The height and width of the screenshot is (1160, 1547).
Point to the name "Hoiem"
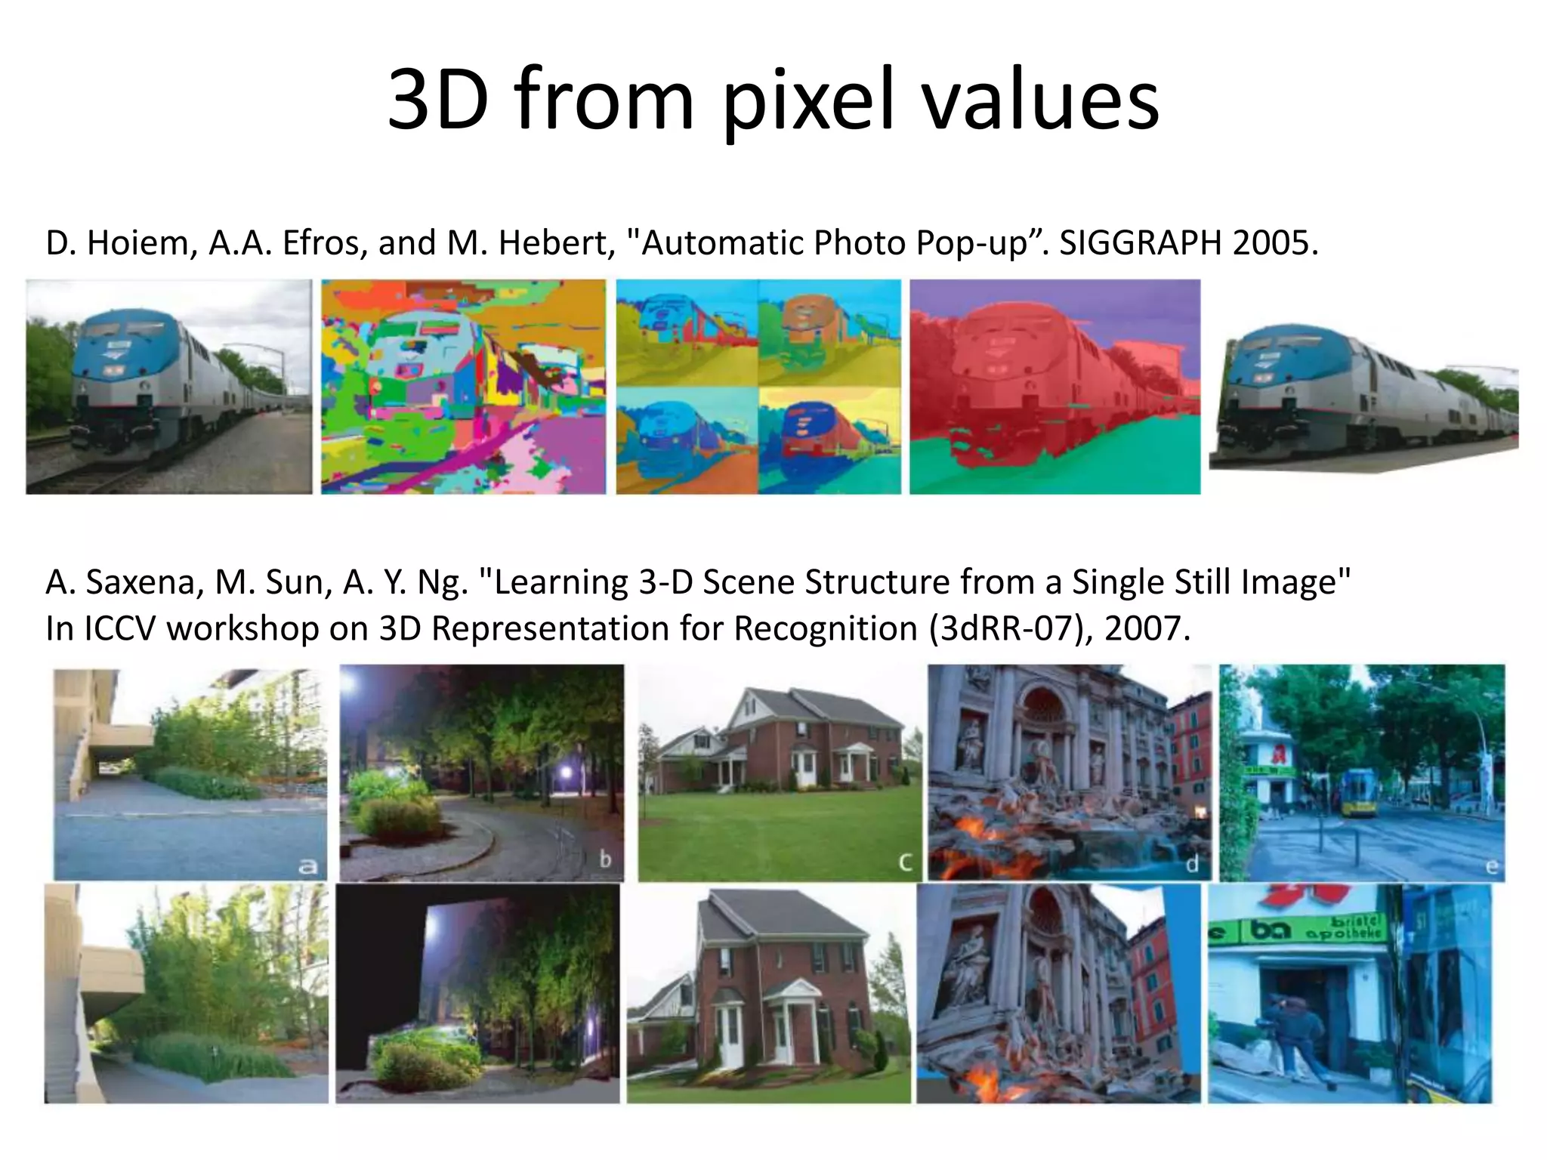coord(142,243)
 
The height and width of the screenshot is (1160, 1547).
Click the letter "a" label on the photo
coord(307,865)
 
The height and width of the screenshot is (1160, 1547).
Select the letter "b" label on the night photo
coord(605,859)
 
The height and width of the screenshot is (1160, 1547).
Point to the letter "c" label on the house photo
coord(905,862)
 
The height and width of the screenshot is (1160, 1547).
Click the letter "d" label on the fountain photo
coord(1192,863)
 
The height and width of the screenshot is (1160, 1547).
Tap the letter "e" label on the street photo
coord(1492,866)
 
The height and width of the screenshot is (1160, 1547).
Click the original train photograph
coord(168,387)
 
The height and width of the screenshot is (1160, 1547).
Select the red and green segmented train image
coord(1054,387)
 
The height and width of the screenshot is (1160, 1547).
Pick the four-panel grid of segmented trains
coord(758,387)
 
